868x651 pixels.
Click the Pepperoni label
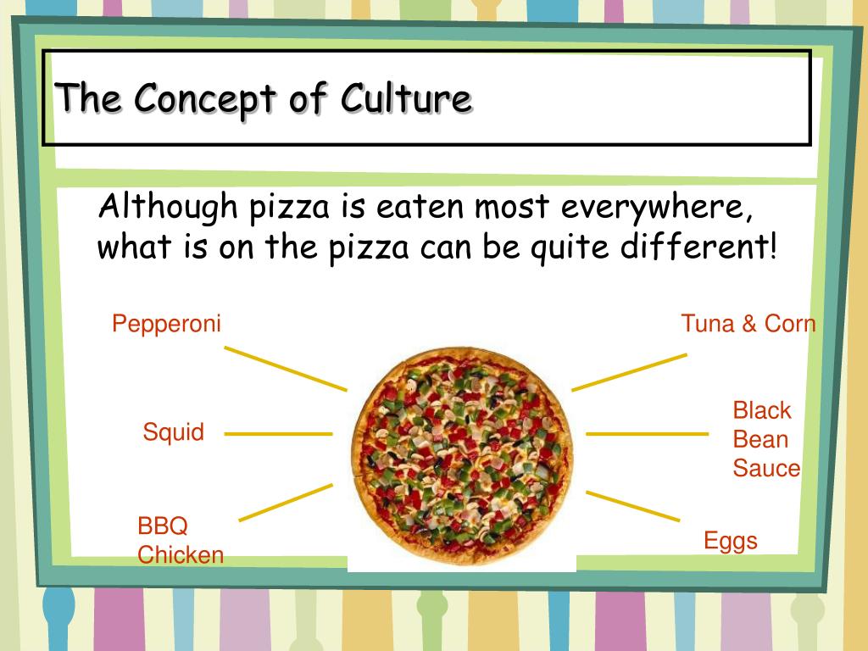[x=166, y=324]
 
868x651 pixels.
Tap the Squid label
[x=173, y=432]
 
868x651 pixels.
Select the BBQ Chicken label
[x=181, y=540]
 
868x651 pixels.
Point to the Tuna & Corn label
[x=748, y=323]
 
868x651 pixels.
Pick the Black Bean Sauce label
[x=766, y=440]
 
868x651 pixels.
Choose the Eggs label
[x=731, y=541]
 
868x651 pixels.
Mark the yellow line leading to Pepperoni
[x=286, y=369]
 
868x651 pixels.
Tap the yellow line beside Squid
[x=278, y=434]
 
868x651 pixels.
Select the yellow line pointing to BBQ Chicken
[x=286, y=503]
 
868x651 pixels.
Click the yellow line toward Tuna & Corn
[x=630, y=373]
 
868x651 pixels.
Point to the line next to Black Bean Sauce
[x=647, y=434]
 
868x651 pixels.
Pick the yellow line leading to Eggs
[x=632, y=506]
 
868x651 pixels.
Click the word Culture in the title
[x=407, y=98]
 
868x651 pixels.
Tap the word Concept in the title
[x=205, y=100]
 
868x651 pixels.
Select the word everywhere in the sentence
[x=657, y=207]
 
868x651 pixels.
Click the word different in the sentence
[x=699, y=246]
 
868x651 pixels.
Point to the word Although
[x=168, y=207]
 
